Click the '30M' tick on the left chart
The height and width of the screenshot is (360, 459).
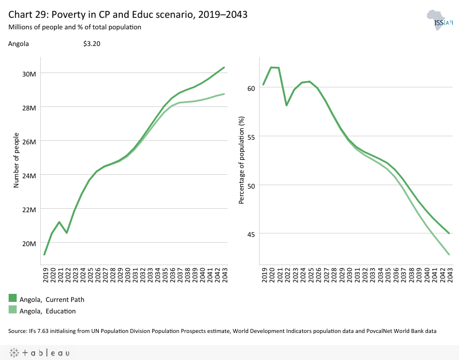coord(29,74)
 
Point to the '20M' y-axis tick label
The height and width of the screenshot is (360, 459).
coord(29,243)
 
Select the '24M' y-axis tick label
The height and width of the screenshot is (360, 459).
coord(29,175)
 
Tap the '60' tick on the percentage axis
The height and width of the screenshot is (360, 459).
coord(251,88)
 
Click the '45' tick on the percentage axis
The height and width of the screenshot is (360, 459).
coord(251,234)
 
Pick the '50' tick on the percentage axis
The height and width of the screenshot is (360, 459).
coord(251,185)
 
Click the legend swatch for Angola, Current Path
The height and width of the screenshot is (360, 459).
coord(13,298)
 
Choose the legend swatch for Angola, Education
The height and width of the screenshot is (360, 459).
coord(13,310)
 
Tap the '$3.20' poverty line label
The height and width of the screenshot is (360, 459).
coord(92,43)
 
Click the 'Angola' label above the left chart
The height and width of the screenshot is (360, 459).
coord(18,43)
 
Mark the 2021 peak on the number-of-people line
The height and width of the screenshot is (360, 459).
coord(59,222)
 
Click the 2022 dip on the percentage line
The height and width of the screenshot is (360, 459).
coord(286,105)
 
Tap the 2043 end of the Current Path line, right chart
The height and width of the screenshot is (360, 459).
coord(449,233)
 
